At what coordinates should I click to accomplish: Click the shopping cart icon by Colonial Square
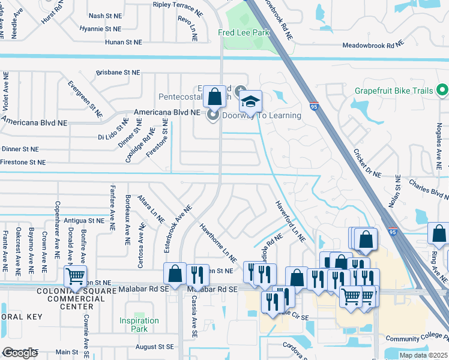pos(75,276)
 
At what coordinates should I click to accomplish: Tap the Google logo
pos(20,353)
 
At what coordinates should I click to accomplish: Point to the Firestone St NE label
pos(23,162)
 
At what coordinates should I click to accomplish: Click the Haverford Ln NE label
pos(291,221)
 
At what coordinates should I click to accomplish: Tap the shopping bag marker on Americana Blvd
pos(214,97)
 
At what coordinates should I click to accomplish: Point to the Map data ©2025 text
pos(423,355)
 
